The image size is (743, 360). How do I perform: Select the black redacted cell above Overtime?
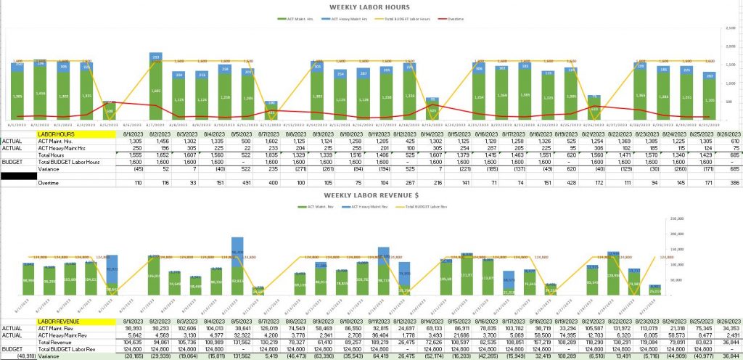18,175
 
